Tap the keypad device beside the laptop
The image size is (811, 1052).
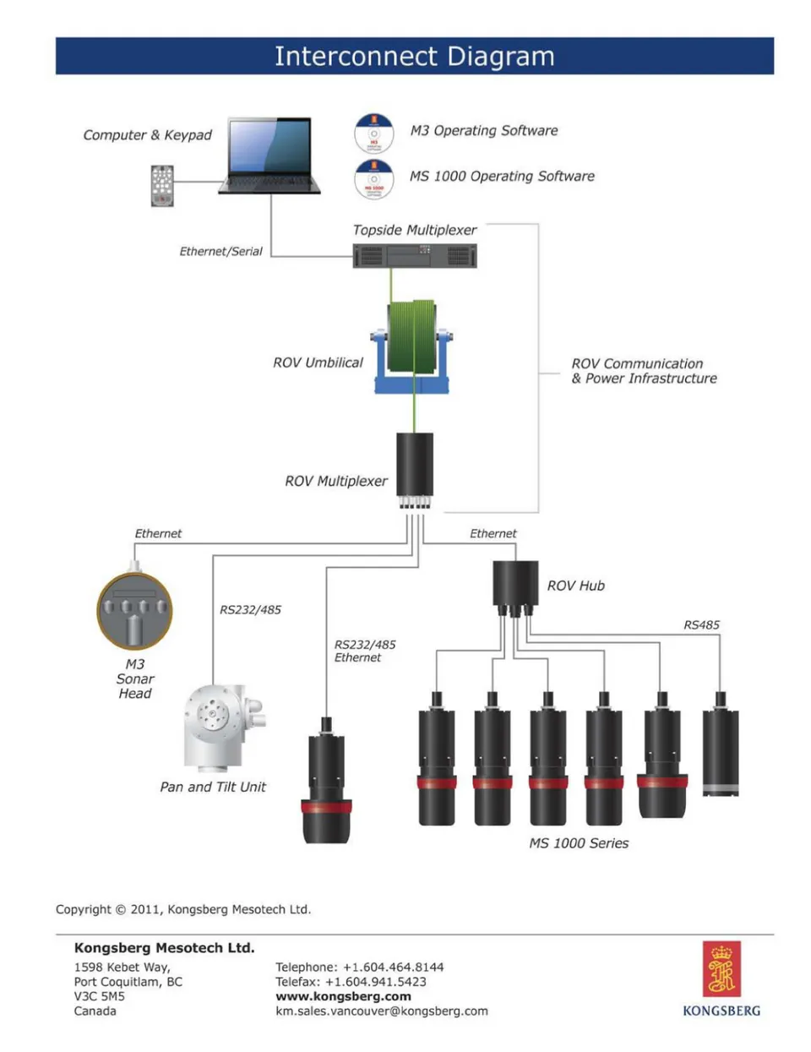(162, 185)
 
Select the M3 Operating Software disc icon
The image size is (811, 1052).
(373, 133)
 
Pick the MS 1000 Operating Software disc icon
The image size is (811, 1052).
(373, 178)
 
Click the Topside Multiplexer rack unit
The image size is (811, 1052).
(415, 255)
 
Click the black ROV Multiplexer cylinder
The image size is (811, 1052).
(415, 465)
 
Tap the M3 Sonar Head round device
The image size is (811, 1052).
(135, 610)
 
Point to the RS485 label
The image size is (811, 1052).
(701, 625)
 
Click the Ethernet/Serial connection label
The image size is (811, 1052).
(220, 251)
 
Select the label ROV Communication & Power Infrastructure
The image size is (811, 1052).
(644, 371)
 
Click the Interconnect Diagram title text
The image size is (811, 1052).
(414, 57)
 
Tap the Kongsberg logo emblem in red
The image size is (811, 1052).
(721, 969)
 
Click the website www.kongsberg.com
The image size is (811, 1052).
(343, 996)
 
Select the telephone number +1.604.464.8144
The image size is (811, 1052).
(393, 967)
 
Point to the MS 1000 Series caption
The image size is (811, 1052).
(579, 843)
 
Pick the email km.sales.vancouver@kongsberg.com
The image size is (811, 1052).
(382, 1011)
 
